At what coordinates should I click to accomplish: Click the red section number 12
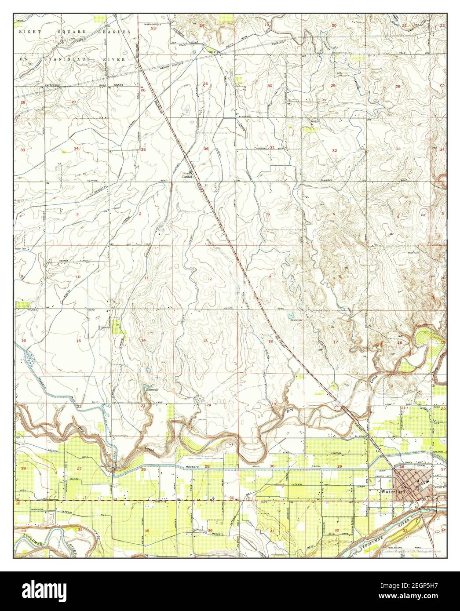point(210,279)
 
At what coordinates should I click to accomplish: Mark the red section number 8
point(340,276)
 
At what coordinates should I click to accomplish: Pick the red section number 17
point(336,342)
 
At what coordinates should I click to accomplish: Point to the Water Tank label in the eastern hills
point(414,253)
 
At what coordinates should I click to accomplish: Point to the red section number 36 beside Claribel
point(206,149)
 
